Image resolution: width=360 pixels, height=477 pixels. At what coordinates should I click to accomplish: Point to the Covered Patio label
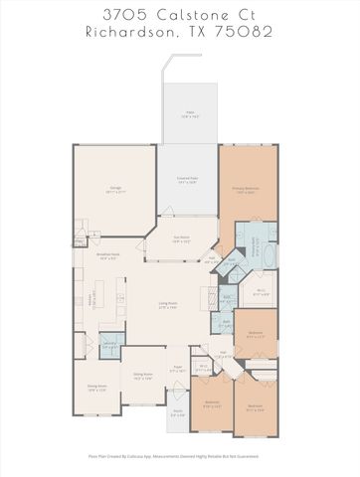[x=187, y=180]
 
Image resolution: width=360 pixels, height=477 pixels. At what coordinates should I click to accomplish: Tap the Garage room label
[x=114, y=189]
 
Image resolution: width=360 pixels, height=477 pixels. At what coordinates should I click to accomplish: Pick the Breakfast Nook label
[x=109, y=256]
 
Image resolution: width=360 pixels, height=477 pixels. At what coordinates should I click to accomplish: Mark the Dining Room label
[x=96, y=389]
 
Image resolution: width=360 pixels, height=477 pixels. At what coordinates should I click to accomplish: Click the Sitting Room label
[x=143, y=377]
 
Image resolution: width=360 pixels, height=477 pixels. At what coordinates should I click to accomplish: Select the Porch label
[x=176, y=410]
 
